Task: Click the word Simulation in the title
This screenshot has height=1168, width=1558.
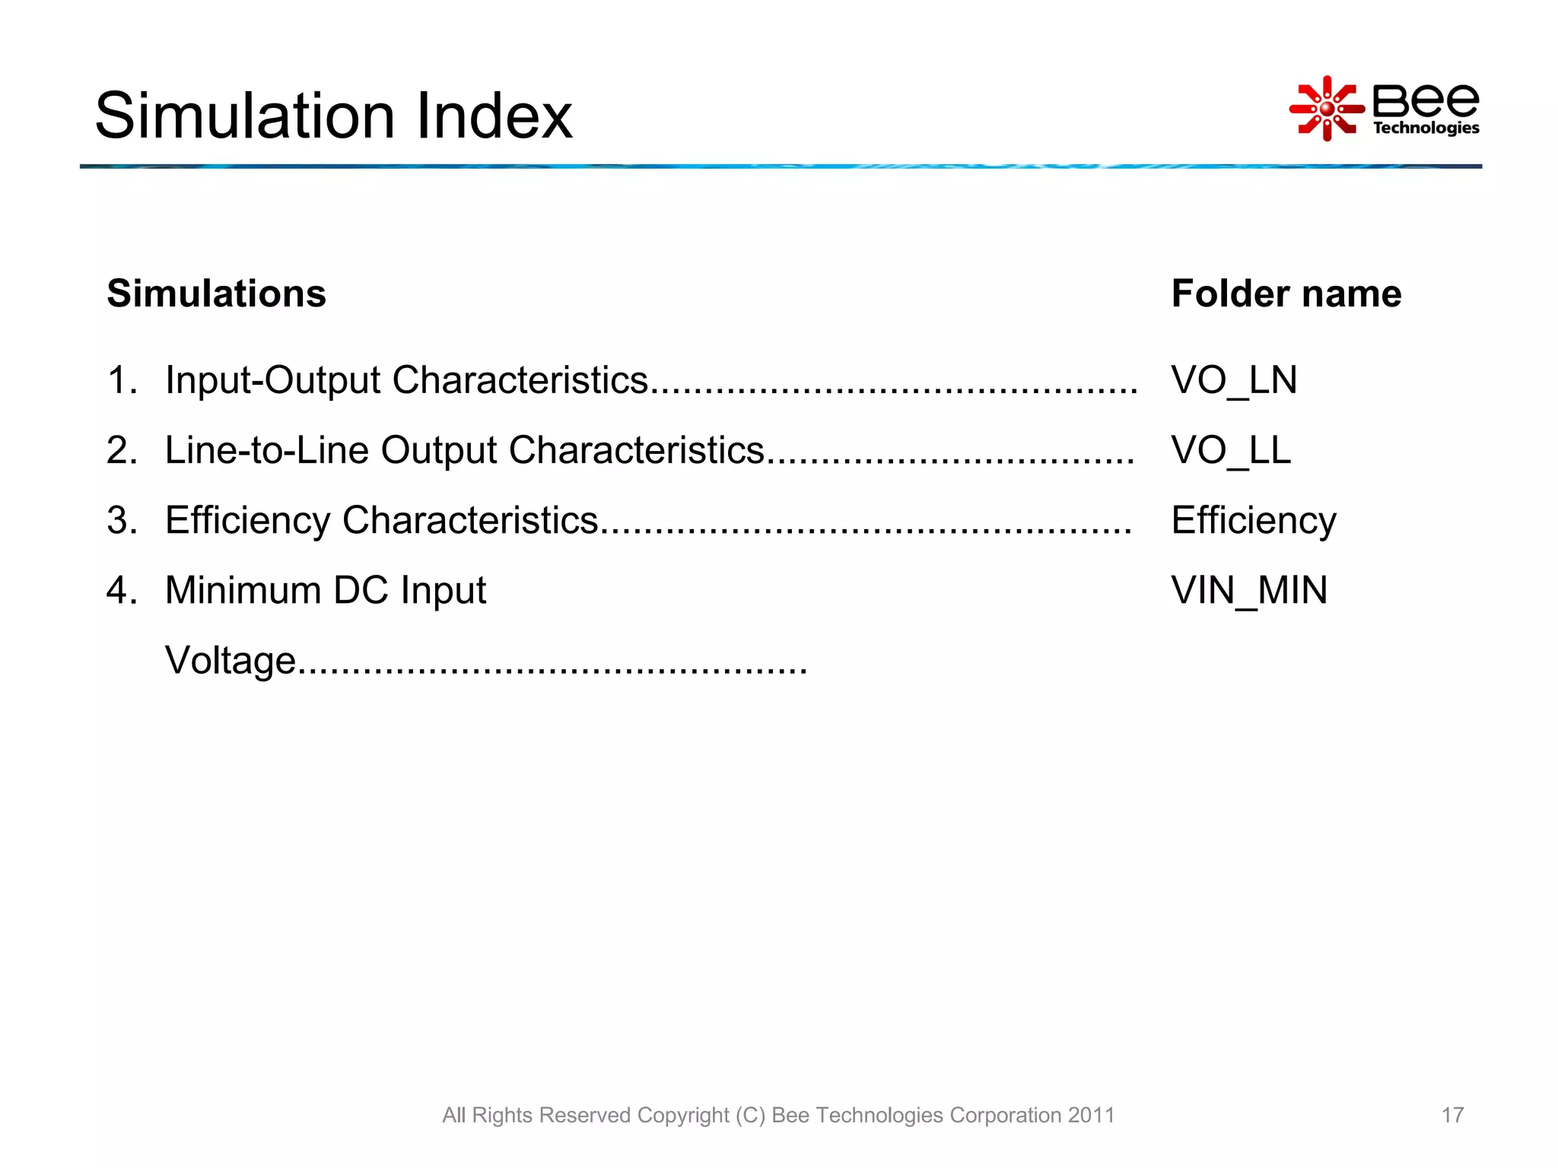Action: coord(245,116)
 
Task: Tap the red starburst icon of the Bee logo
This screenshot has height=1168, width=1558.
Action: coord(1326,109)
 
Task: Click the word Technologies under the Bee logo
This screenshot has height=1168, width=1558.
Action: coord(1426,128)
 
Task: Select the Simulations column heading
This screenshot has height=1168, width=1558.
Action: coord(216,294)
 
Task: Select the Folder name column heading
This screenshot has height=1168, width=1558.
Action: coord(1286,294)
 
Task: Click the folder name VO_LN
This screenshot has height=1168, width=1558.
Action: coord(1233,379)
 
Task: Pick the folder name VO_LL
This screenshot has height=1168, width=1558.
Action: coord(1230,449)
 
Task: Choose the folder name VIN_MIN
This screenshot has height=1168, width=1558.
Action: coord(1248,590)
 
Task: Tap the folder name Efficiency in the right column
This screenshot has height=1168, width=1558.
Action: coord(1253,520)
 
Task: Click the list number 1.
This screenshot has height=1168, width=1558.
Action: coord(120,379)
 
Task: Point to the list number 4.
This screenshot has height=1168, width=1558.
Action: coord(120,590)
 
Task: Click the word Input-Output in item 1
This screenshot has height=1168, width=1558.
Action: coord(272,379)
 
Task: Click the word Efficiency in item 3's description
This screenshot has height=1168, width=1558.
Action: coord(247,520)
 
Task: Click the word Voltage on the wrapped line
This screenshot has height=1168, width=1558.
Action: coord(230,660)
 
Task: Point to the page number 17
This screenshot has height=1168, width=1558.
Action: coord(1451,1115)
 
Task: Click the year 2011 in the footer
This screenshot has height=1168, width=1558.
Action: coord(1091,1115)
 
